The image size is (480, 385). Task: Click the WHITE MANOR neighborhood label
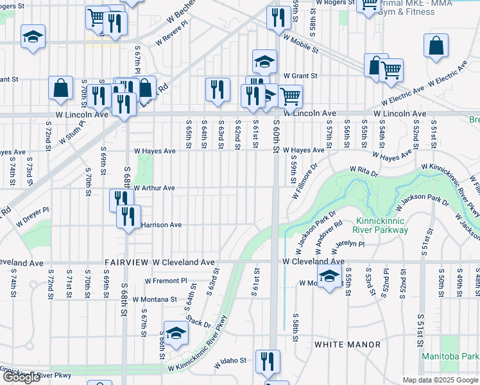(x=347, y=345)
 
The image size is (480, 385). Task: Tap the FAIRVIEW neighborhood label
(x=127, y=263)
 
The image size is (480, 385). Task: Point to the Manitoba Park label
(x=450, y=356)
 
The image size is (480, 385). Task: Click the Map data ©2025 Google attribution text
(x=440, y=380)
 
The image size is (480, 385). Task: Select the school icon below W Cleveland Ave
(x=329, y=277)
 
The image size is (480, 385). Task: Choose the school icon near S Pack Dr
(x=175, y=332)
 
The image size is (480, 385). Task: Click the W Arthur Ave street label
(x=154, y=188)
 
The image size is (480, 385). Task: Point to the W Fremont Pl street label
(x=166, y=281)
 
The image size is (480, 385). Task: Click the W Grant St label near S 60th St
(x=300, y=76)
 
